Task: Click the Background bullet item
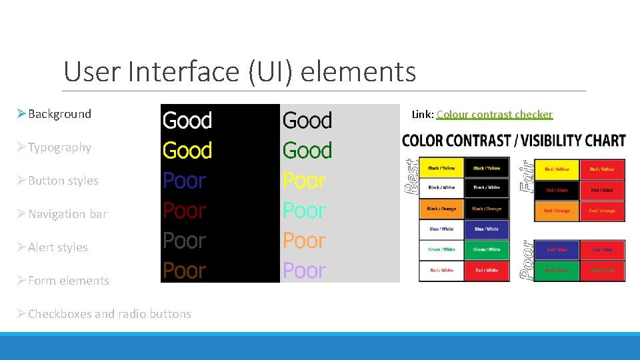click(59, 114)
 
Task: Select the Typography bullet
click(59, 147)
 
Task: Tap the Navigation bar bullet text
click(67, 214)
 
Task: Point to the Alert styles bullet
click(57, 247)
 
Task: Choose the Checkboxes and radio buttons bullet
click(109, 314)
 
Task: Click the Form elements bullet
click(68, 281)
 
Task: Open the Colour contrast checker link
click(494, 115)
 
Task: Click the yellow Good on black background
click(187, 151)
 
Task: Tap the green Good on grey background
click(307, 151)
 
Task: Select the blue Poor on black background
click(185, 181)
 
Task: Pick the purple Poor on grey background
click(305, 271)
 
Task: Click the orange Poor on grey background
click(305, 241)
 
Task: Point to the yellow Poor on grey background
click(305, 181)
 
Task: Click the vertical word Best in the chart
click(412, 175)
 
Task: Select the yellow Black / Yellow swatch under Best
click(441, 168)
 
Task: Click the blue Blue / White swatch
click(487, 229)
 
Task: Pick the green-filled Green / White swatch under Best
click(487, 249)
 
